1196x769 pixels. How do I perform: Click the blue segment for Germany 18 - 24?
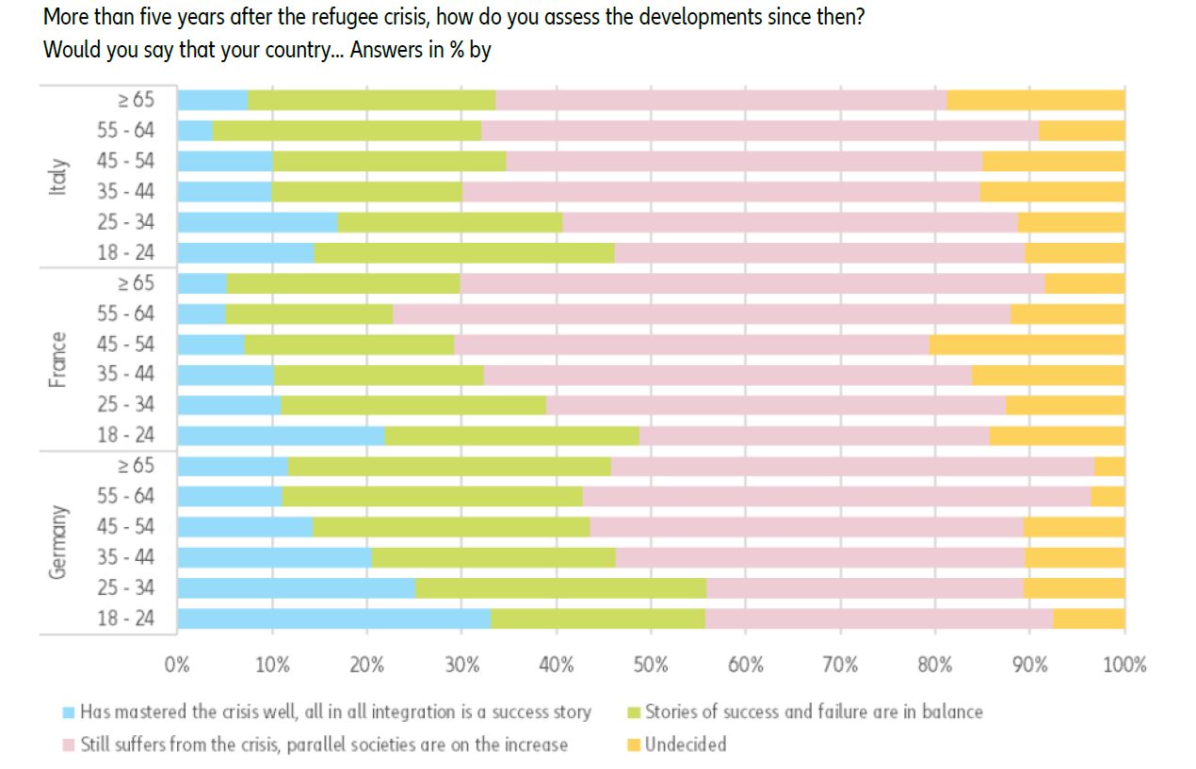coord(334,618)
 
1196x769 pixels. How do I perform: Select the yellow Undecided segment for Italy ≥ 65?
coord(1035,100)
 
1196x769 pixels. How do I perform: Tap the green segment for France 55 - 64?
coord(309,313)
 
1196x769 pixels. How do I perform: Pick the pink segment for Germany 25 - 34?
coord(865,588)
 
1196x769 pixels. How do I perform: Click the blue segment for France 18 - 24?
coord(281,436)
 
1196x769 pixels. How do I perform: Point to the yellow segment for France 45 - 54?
coord(1026,344)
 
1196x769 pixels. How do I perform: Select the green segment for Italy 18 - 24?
coord(464,252)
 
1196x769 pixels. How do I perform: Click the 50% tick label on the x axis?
coord(651,665)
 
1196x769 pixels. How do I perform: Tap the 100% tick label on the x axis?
coord(1124,665)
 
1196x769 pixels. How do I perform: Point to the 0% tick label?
coord(177,665)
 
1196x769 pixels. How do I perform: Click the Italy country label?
coord(58,176)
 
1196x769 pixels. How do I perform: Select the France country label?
coord(58,359)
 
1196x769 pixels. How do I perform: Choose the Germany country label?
coord(58,542)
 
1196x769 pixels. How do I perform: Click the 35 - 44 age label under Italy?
coord(125,191)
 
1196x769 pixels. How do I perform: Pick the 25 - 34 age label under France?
coord(125,405)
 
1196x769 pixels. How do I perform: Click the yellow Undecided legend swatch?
coord(634,745)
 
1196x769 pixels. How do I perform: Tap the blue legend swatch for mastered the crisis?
coord(68,713)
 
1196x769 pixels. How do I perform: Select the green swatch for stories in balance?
coord(634,713)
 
